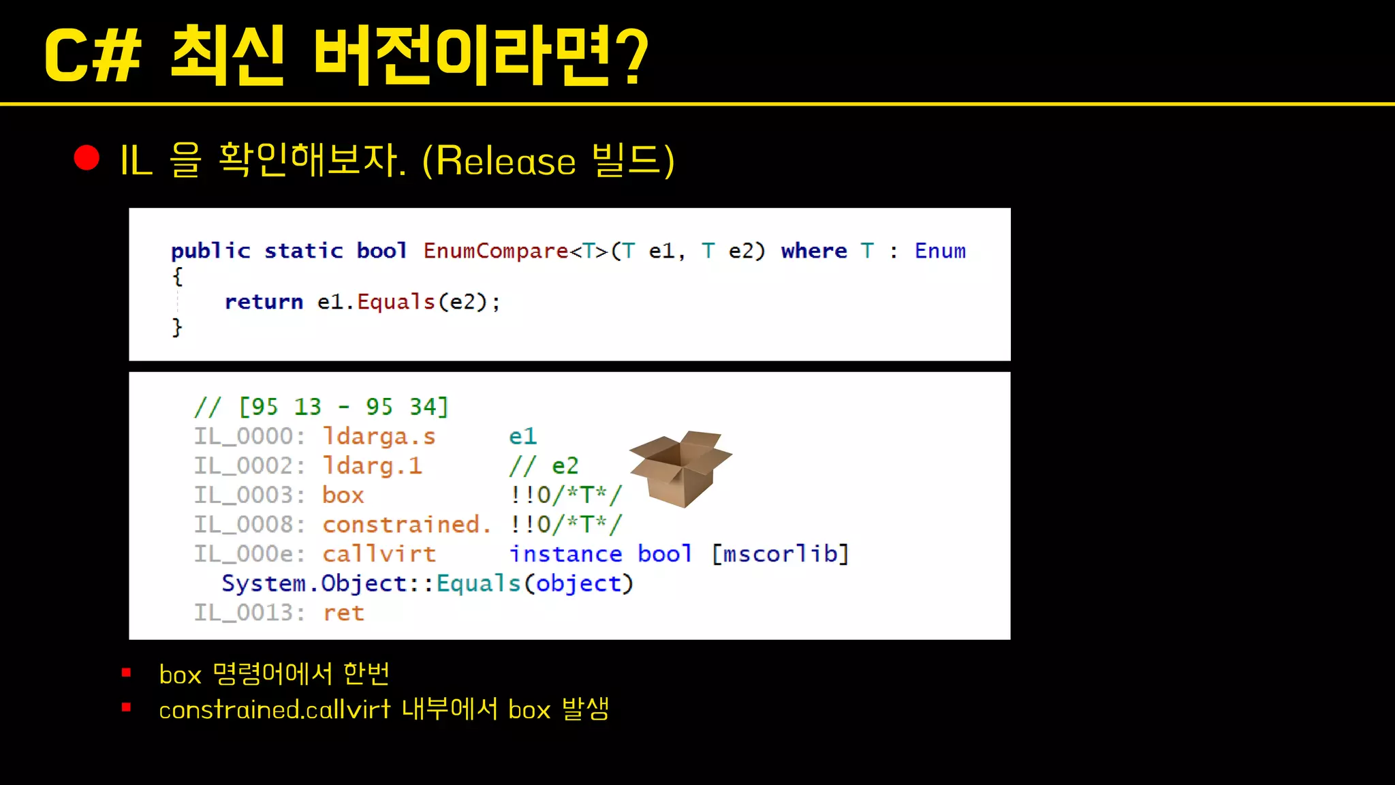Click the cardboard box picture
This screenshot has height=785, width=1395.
pyautogui.click(x=680, y=468)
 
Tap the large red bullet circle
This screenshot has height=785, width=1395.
pyautogui.click(x=87, y=157)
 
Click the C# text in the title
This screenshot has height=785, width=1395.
pyautogui.click(x=93, y=57)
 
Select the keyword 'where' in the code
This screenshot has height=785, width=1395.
pyautogui.click(x=813, y=251)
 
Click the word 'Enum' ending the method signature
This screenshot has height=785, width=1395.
pyautogui.click(x=939, y=251)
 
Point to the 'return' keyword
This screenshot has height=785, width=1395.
pyautogui.click(x=264, y=301)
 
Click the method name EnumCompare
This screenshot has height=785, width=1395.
pyautogui.click(x=495, y=251)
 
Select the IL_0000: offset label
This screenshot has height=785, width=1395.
pyautogui.click(x=249, y=436)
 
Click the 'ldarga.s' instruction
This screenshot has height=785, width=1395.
pyautogui.click(x=379, y=436)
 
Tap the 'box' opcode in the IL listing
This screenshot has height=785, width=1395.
pyautogui.click(x=343, y=495)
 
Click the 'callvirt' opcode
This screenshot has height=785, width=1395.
pyautogui.click(x=379, y=554)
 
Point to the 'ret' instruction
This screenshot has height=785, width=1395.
pyautogui.click(x=343, y=613)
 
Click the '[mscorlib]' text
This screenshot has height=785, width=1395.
pyautogui.click(x=780, y=554)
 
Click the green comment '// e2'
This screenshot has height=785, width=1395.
pyautogui.click(x=544, y=466)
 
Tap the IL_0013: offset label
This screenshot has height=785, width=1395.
pyautogui.click(x=249, y=613)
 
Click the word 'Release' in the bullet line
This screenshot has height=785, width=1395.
pyautogui.click(x=505, y=161)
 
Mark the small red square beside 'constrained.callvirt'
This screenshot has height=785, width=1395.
pyautogui.click(x=126, y=707)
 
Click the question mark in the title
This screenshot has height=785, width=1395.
pyautogui.click(x=634, y=57)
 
